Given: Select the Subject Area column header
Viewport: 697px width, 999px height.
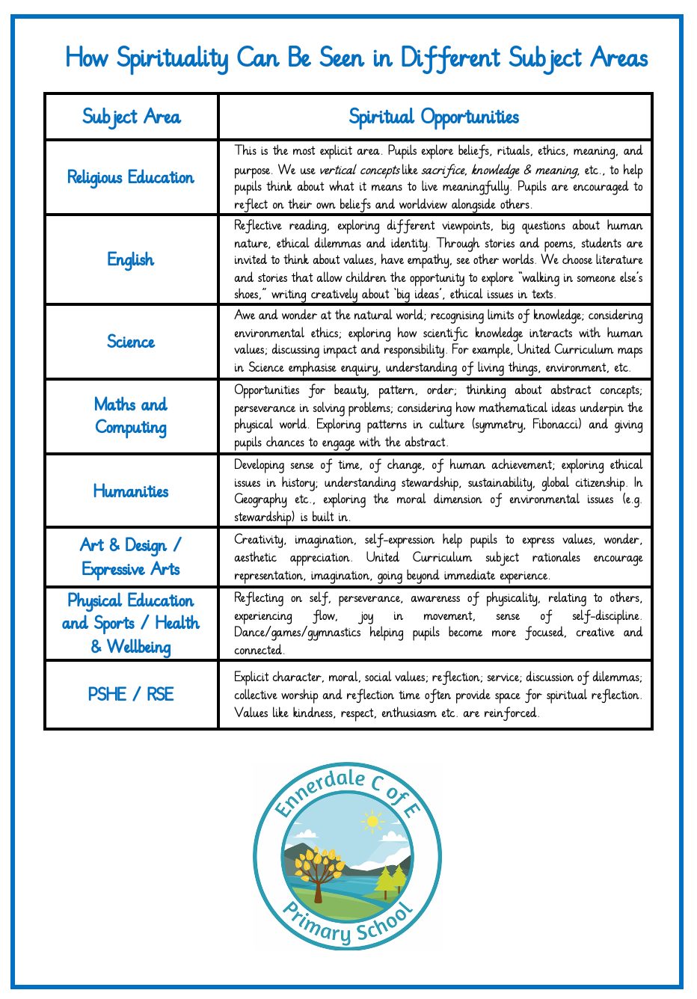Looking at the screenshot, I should coord(131,117).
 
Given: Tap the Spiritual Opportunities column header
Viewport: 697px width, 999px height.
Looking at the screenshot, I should coord(434,117).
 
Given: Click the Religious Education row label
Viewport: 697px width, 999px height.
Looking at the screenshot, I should coord(131,177).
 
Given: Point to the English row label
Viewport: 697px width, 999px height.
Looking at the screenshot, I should coord(131,259).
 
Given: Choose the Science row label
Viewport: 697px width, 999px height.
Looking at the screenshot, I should coord(131,342).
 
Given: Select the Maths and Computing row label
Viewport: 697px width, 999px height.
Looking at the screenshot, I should coord(131,416).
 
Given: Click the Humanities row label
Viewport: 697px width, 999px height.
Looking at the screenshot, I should coord(131,491).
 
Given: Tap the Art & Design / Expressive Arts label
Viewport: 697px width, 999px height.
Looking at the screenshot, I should coord(131,557).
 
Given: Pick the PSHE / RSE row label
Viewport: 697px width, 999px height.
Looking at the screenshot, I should coord(131,695).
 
